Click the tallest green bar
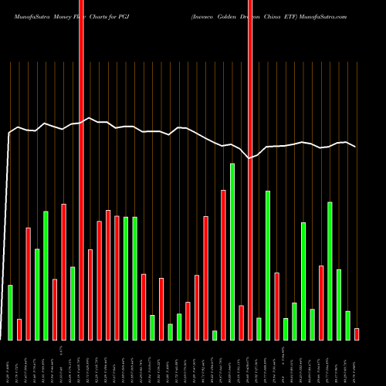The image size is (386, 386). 232,252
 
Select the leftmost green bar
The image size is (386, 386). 11,313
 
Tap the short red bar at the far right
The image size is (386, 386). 357,334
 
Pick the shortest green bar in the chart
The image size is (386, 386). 215,335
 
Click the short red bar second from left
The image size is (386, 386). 19,330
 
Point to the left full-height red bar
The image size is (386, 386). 81,170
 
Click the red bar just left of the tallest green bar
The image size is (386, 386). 223,265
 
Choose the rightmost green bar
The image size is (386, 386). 348,325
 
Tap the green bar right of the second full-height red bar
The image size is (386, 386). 259,329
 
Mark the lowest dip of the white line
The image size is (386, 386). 249,158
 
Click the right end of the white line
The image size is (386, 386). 356,147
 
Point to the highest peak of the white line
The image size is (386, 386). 90,118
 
